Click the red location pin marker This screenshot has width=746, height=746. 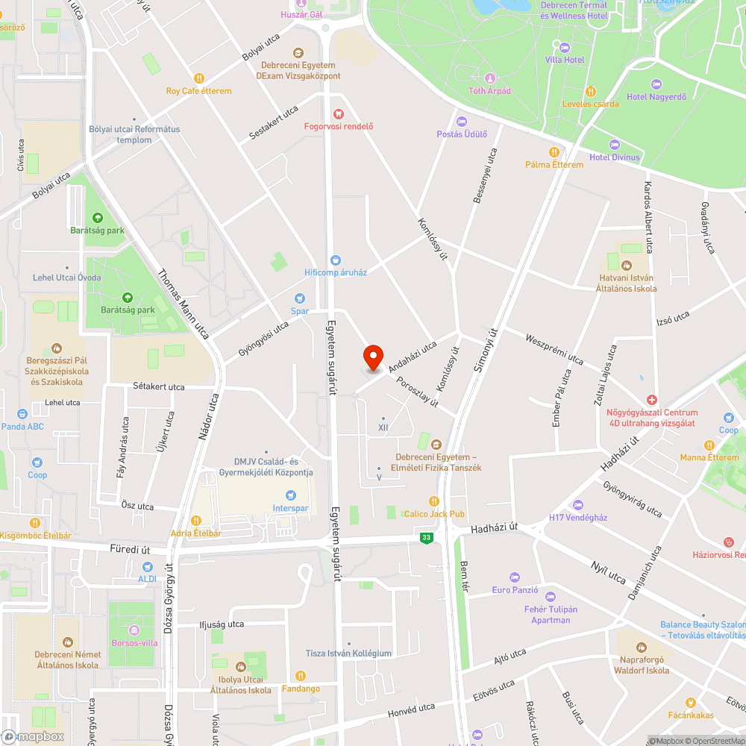pyautogui.click(x=372, y=358)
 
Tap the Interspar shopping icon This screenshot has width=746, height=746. pyautogui.click(x=291, y=495)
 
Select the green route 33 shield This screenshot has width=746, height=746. pyautogui.click(x=426, y=537)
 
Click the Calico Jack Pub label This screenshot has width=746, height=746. pyautogui.click(x=434, y=514)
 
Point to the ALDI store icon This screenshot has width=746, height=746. pyautogui.click(x=147, y=565)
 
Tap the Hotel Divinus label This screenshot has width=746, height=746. pyautogui.click(x=614, y=157)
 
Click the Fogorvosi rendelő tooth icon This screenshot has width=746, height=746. pyautogui.click(x=338, y=113)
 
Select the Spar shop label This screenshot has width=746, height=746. pyautogui.click(x=299, y=311)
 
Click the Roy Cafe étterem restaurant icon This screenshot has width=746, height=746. pyautogui.click(x=198, y=78)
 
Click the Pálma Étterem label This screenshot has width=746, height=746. pyautogui.click(x=554, y=164)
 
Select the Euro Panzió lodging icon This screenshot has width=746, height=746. pyautogui.click(x=514, y=577)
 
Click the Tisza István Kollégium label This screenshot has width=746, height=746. pyautogui.click(x=348, y=653)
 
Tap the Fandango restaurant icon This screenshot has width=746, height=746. pyautogui.click(x=301, y=676)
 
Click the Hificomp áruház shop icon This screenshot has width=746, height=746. pyautogui.click(x=336, y=260)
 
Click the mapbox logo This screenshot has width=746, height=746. pyautogui.click(x=34, y=736)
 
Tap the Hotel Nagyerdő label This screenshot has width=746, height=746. pyautogui.click(x=656, y=96)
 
